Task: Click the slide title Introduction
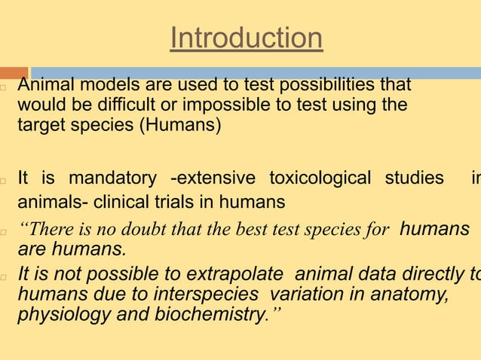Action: [x=247, y=38]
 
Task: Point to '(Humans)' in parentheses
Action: [x=179, y=124]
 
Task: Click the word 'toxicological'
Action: [x=320, y=178]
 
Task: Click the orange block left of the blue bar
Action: [x=14, y=73]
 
